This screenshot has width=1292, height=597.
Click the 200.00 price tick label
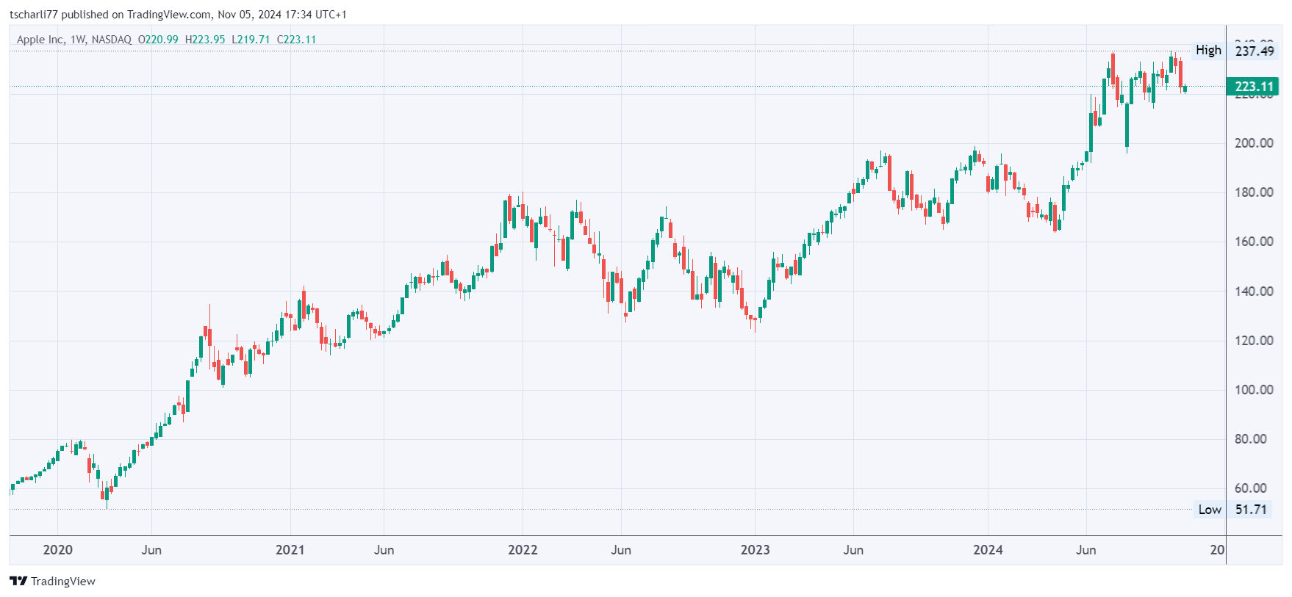click(1254, 143)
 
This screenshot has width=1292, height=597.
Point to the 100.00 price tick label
click(1254, 390)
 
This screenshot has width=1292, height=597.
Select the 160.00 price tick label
click(1254, 242)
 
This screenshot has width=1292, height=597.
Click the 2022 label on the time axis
click(523, 550)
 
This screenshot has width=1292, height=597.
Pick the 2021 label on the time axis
click(290, 550)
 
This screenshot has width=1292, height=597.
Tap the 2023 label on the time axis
click(755, 550)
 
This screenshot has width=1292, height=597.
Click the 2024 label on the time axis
click(988, 550)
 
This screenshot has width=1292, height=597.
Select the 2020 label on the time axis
click(57, 550)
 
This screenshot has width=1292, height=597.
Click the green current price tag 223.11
click(1254, 87)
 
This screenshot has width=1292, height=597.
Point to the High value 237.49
click(1255, 51)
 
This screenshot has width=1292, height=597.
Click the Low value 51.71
click(1251, 510)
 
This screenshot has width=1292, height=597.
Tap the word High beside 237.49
click(1208, 50)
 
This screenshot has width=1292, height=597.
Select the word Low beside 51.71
click(1210, 510)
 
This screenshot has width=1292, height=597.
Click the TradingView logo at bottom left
click(53, 581)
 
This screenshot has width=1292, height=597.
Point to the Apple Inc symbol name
click(40, 40)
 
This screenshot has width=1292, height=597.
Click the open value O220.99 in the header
click(158, 40)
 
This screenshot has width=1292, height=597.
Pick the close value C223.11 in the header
click(296, 40)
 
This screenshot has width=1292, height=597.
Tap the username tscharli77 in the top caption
click(33, 15)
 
